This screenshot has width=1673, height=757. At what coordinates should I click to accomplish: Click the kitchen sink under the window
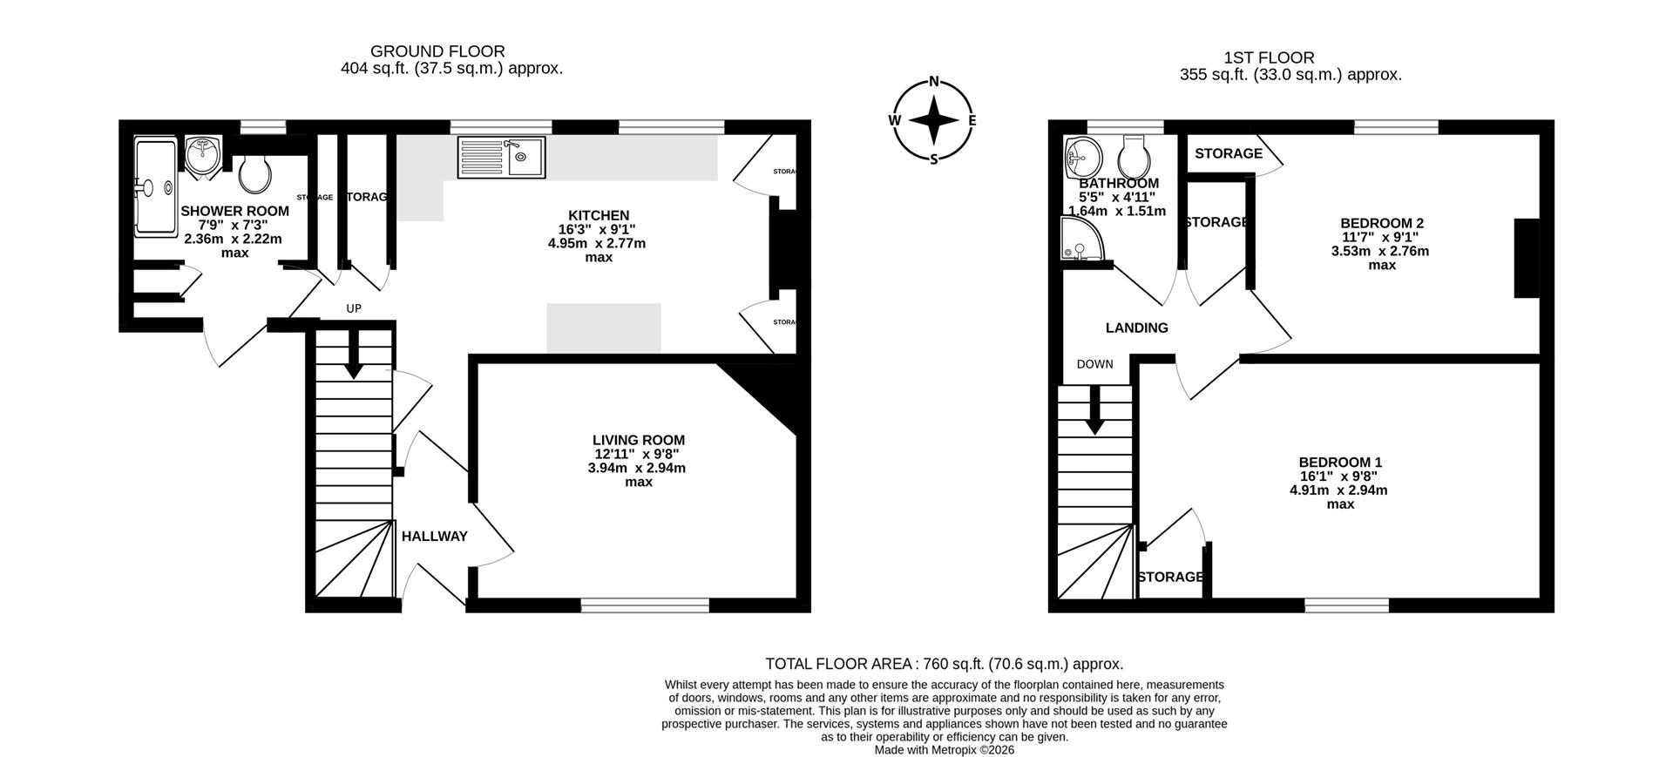tap(501, 158)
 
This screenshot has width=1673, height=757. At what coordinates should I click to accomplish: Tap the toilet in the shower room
tap(255, 173)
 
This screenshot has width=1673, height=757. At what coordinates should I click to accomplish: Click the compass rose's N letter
tap(934, 83)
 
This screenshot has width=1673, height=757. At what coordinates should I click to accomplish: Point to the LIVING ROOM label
tap(639, 440)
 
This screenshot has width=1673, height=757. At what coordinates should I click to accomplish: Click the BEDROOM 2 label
tap(1381, 223)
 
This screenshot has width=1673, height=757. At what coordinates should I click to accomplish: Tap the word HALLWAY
tap(434, 537)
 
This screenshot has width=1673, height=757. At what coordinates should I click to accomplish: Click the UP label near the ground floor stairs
tap(354, 308)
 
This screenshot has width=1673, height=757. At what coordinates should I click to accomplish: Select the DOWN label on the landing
tap(1094, 364)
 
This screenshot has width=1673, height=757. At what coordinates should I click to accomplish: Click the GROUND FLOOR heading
tap(437, 51)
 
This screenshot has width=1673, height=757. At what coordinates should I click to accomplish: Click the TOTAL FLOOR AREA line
tap(944, 664)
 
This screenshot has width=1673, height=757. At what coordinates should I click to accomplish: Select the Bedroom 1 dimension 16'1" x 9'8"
tap(1339, 477)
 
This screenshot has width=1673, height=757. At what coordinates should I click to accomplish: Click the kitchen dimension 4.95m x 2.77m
tap(598, 243)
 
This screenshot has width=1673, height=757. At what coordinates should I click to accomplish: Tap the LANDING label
tap(1136, 328)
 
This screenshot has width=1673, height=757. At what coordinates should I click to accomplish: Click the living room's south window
tap(645, 605)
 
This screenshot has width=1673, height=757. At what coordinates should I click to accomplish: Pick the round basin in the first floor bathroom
tap(1081, 157)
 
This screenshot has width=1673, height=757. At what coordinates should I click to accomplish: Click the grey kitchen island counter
tap(604, 328)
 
